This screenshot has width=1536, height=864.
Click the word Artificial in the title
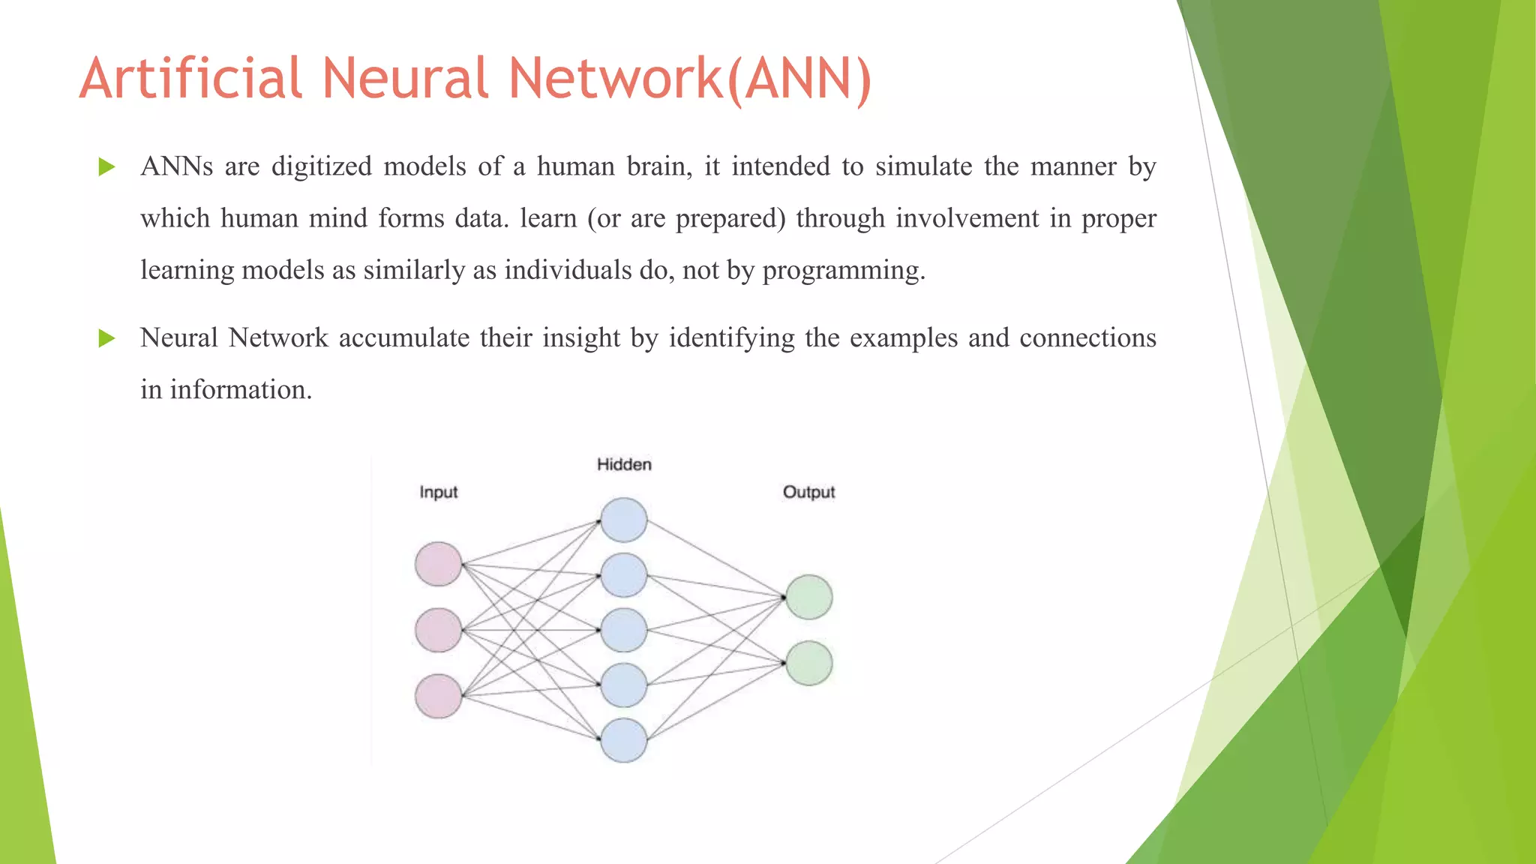coord(191,78)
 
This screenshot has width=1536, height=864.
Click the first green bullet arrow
coord(106,166)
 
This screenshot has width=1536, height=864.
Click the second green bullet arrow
coord(106,338)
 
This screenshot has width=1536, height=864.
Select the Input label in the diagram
coord(438,492)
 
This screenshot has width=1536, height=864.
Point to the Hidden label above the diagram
coord(624,464)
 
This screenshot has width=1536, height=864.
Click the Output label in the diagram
coord(808,492)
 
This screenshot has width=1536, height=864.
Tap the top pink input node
coord(438,564)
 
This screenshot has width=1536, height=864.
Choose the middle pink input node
coord(438,630)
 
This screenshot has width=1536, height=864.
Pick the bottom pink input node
coord(438,696)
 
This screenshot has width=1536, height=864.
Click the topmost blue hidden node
coord(624,520)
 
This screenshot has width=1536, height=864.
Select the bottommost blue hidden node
coord(624,740)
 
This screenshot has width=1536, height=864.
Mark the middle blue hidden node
coord(624,630)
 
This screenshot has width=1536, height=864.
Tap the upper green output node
coord(809,597)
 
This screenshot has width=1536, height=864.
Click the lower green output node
coord(809,663)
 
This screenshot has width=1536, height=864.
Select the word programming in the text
coord(843,271)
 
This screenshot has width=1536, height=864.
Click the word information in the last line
coord(240,390)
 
